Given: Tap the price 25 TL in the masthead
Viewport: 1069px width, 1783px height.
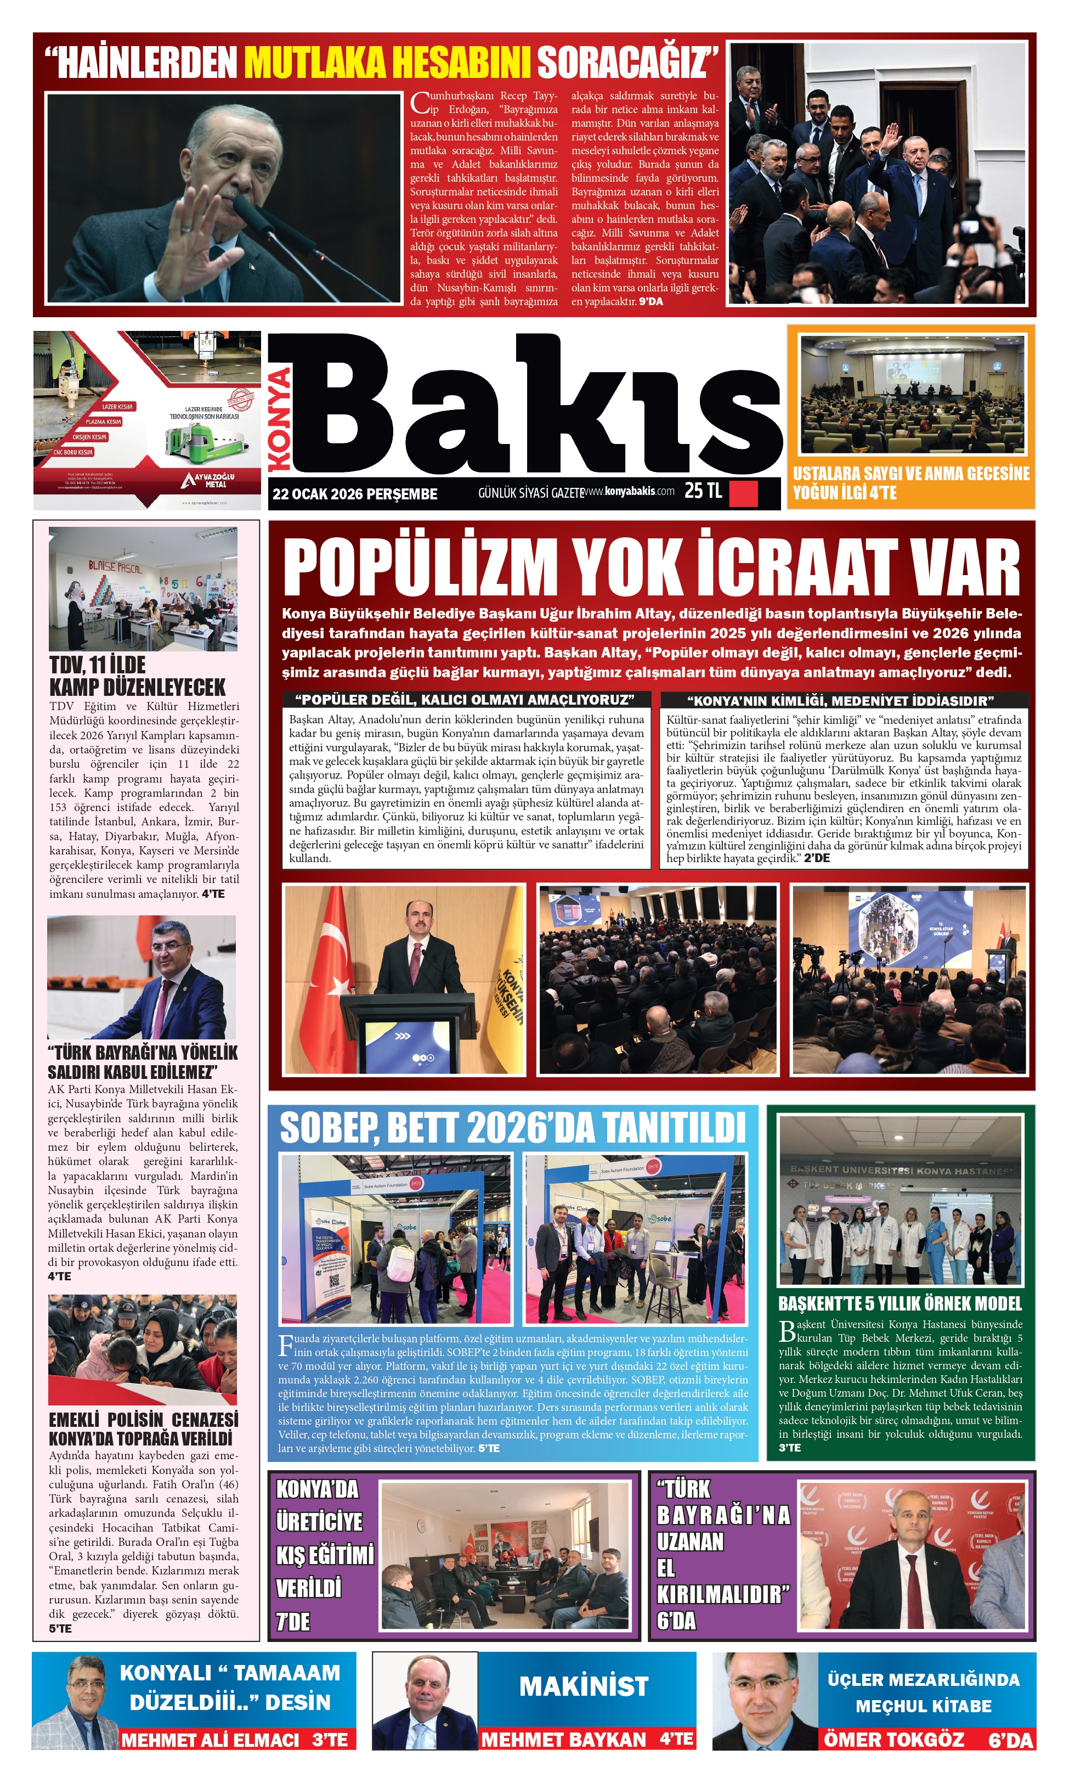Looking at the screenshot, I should (x=703, y=491).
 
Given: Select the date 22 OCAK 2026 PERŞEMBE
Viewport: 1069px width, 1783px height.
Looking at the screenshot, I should (x=354, y=494).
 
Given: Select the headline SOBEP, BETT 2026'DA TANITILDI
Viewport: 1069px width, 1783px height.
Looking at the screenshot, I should (x=512, y=1129).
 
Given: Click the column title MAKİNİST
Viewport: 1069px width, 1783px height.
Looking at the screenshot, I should (x=584, y=1686).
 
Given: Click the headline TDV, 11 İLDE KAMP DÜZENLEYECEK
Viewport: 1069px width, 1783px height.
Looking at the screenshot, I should (x=137, y=676).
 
